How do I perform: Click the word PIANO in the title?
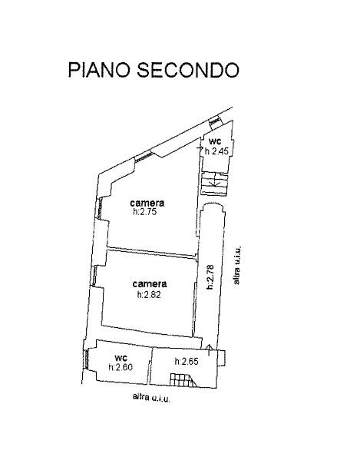point(100,70)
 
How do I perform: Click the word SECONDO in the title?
point(188,70)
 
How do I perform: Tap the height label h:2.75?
point(145,212)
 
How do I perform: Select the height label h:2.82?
point(149,295)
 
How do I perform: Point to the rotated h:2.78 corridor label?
point(210,277)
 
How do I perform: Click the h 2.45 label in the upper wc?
point(216,151)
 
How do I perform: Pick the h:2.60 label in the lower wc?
point(121,367)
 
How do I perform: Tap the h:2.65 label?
point(187,362)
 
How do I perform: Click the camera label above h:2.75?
point(147,203)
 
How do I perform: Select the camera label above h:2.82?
point(150,283)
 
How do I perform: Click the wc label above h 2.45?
point(215,141)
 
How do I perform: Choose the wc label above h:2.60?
point(121,358)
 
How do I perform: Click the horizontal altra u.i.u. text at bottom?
point(151,398)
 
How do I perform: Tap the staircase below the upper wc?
point(214,184)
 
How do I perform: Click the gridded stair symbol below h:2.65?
point(183,380)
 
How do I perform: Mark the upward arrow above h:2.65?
point(210,350)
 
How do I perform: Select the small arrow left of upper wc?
point(200,148)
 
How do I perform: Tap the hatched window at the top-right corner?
point(215,121)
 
